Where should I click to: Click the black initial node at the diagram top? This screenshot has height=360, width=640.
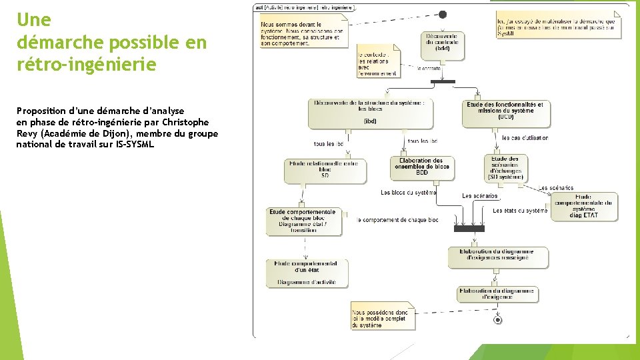[x=443, y=15]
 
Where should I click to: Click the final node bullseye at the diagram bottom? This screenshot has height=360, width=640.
[x=497, y=320]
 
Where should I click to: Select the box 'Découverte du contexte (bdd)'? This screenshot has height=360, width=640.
[x=443, y=43]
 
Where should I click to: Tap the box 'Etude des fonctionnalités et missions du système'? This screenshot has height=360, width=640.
[x=506, y=113]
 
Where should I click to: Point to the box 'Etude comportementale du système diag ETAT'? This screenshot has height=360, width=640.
[x=584, y=207]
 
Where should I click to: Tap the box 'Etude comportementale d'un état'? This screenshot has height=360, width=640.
[x=306, y=273]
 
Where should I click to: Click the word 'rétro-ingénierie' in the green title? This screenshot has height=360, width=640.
[x=86, y=65]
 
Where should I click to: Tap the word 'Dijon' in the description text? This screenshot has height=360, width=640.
[x=121, y=133]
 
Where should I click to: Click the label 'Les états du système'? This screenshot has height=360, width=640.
[x=520, y=211]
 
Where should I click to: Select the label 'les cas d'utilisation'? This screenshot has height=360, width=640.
[x=525, y=138]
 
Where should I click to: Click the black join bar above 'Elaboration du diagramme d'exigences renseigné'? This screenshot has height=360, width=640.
[x=470, y=228]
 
